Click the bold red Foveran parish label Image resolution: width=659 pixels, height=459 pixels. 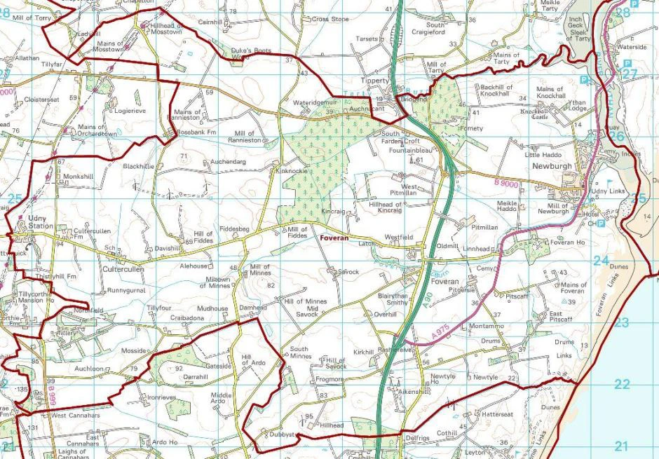point(334,238)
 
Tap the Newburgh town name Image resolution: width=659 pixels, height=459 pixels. point(552,167)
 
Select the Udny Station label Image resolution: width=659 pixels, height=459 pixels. point(40,222)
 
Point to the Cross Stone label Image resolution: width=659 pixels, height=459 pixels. point(329,20)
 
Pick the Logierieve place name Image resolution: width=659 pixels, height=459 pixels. point(130,111)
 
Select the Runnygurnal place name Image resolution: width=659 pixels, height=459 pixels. point(127,290)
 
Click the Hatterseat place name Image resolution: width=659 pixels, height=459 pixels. point(497,414)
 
